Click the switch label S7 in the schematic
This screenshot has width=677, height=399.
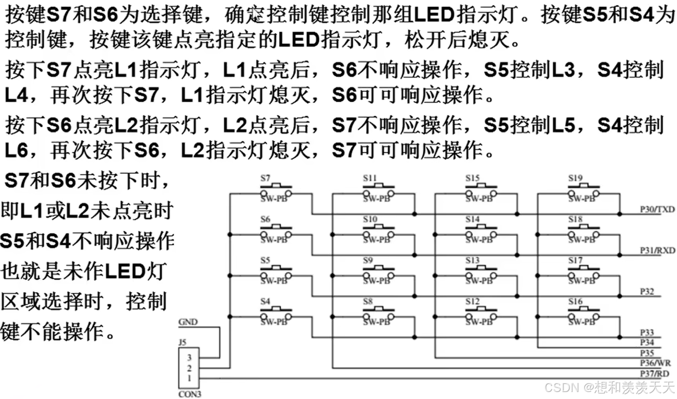point(265,178)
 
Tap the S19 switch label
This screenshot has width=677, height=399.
point(575,178)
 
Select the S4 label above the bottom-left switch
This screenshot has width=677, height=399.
point(265,301)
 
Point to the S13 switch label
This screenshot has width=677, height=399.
point(472,260)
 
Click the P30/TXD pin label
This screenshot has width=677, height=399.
point(657,209)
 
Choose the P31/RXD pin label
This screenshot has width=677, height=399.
point(657,250)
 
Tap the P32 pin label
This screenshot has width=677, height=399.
point(647,291)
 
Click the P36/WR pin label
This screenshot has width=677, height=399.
point(655,363)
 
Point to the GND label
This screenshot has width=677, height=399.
point(188,322)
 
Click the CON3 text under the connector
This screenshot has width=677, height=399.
point(190,394)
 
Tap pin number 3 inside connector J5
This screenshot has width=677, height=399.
point(189,357)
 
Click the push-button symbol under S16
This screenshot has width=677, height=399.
point(583,317)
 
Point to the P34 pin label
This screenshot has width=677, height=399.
point(646,342)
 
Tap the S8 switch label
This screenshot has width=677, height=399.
point(368,301)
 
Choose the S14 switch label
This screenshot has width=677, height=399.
point(472,219)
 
